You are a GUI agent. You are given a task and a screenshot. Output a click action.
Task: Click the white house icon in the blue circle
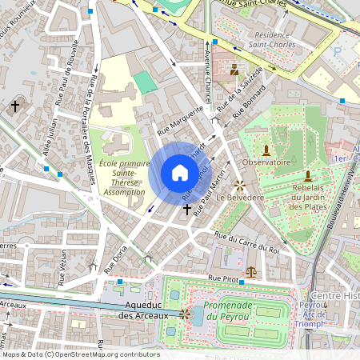180,173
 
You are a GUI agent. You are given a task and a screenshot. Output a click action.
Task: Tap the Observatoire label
266,162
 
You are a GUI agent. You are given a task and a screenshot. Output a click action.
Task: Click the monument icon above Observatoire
266,149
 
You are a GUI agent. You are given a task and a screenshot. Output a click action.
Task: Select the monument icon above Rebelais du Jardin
307,175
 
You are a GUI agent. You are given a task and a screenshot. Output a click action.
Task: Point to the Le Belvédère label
238,197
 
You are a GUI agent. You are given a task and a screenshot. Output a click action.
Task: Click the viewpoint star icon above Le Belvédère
238,184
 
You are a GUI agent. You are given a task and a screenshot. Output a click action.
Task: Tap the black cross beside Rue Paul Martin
187,209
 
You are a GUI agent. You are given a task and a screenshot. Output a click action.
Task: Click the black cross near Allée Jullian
15,106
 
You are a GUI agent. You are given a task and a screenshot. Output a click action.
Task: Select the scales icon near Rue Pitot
252,271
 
